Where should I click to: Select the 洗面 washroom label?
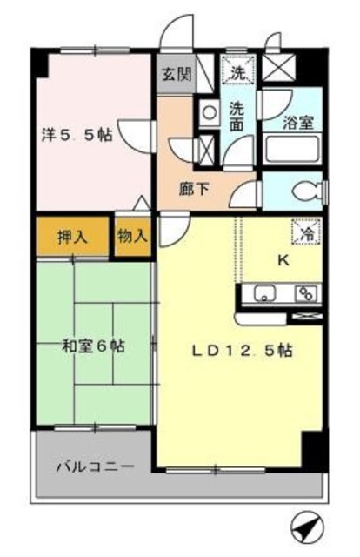click(x=237, y=117)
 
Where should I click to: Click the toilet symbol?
click(x=304, y=191)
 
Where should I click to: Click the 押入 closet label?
click(x=73, y=237)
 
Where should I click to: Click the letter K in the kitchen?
click(x=282, y=259)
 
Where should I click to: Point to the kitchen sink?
click(x=264, y=293)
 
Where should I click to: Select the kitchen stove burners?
click(x=306, y=293)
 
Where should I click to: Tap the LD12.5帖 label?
click(x=242, y=352)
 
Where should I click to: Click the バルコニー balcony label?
click(x=95, y=466)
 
